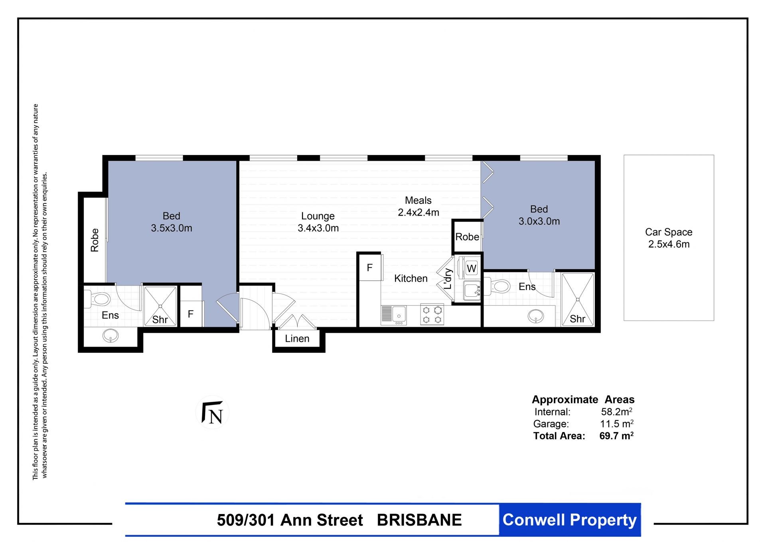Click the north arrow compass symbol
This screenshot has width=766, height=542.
click(212, 412)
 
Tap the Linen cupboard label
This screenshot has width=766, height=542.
click(297, 339)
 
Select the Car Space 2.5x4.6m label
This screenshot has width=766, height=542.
click(669, 238)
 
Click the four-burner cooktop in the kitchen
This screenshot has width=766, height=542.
click(432, 315)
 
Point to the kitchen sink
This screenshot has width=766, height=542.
click(394, 315)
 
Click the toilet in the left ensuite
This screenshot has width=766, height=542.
click(97, 299)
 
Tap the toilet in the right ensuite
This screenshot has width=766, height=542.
click(497, 286)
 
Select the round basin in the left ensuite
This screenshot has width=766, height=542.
click(111, 336)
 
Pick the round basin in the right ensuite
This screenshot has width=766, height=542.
click(535, 316)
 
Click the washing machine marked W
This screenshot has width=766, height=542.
click(471, 268)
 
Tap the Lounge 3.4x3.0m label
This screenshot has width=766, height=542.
click(318, 222)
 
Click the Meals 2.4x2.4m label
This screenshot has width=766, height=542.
click(418, 206)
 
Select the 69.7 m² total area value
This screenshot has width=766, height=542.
click(616, 435)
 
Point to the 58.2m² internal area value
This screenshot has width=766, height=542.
click(616, 411)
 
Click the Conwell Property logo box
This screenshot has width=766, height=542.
click(570, 520)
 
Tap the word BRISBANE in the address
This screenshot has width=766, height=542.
click(419, 520)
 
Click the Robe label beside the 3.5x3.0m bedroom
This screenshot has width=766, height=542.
click(95, 240)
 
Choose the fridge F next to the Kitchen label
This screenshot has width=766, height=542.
click(370, 268)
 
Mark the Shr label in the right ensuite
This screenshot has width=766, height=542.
click(577, 319)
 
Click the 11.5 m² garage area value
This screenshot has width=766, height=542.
click(617, 423)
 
